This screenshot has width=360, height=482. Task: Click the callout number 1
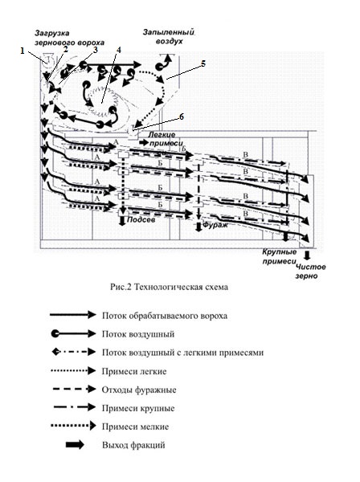click(22, 51)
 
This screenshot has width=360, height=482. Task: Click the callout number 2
click(65, 48)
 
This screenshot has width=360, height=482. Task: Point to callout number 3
click(96, 50)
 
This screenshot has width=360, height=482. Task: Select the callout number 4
click(119, 50)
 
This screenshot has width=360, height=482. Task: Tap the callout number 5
click(203, 63)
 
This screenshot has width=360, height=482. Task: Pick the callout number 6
click(182, 116)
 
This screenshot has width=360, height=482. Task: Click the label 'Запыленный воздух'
click(169, 37)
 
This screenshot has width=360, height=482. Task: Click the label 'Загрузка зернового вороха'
click(69, 38)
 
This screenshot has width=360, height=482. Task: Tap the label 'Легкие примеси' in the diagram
click(166, 139)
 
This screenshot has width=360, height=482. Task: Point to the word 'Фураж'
click(215, 225)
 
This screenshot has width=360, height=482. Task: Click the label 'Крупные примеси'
click(279, 257)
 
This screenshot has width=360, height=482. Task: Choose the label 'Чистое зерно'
click(310, 272)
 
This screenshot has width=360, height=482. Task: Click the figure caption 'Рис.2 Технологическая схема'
click(169, 287)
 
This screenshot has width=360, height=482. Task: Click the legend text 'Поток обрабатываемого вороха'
click(165, 316)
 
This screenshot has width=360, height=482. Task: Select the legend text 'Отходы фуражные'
click(139, 390)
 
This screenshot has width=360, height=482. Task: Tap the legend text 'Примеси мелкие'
click(135, 427)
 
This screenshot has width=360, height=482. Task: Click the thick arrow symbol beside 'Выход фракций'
click(75, 445)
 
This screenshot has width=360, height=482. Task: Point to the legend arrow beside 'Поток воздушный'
click(73, 333)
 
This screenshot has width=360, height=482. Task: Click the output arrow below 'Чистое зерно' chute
click(307, 255)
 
